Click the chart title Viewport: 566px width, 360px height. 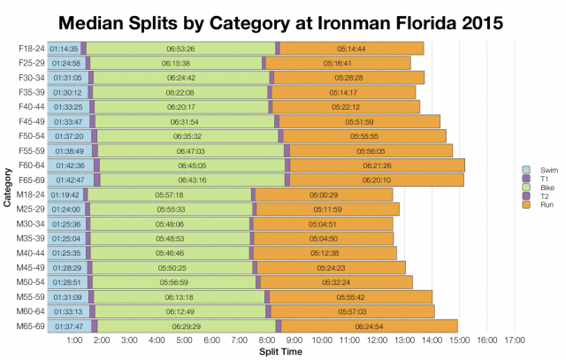(x=283, y=19)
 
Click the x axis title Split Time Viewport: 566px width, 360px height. (x=282, y=352)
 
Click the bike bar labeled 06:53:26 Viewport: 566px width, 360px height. (x=180, y=49)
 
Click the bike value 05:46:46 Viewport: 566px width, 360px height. (x=168, y=253)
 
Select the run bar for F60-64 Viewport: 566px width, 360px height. (x=377, y=165)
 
